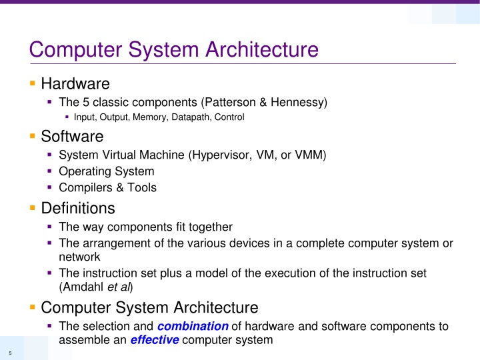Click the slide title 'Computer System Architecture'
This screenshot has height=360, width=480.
(169, 49)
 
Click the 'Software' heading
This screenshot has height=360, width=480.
(72, 137)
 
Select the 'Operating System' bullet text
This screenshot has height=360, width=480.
(107, 172)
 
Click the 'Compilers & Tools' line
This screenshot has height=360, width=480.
(108, 188)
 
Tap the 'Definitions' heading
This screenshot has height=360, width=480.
(78, 208)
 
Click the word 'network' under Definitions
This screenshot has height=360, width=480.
(79, 257)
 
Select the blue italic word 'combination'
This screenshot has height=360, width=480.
(193, 326)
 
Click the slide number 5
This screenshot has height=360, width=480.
(10, 353)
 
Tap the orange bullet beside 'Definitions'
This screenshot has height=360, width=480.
(32, 208)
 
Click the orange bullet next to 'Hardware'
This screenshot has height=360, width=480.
(32, 84)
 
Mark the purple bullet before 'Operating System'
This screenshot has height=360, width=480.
(50, 172)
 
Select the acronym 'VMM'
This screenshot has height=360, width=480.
(311, 156)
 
